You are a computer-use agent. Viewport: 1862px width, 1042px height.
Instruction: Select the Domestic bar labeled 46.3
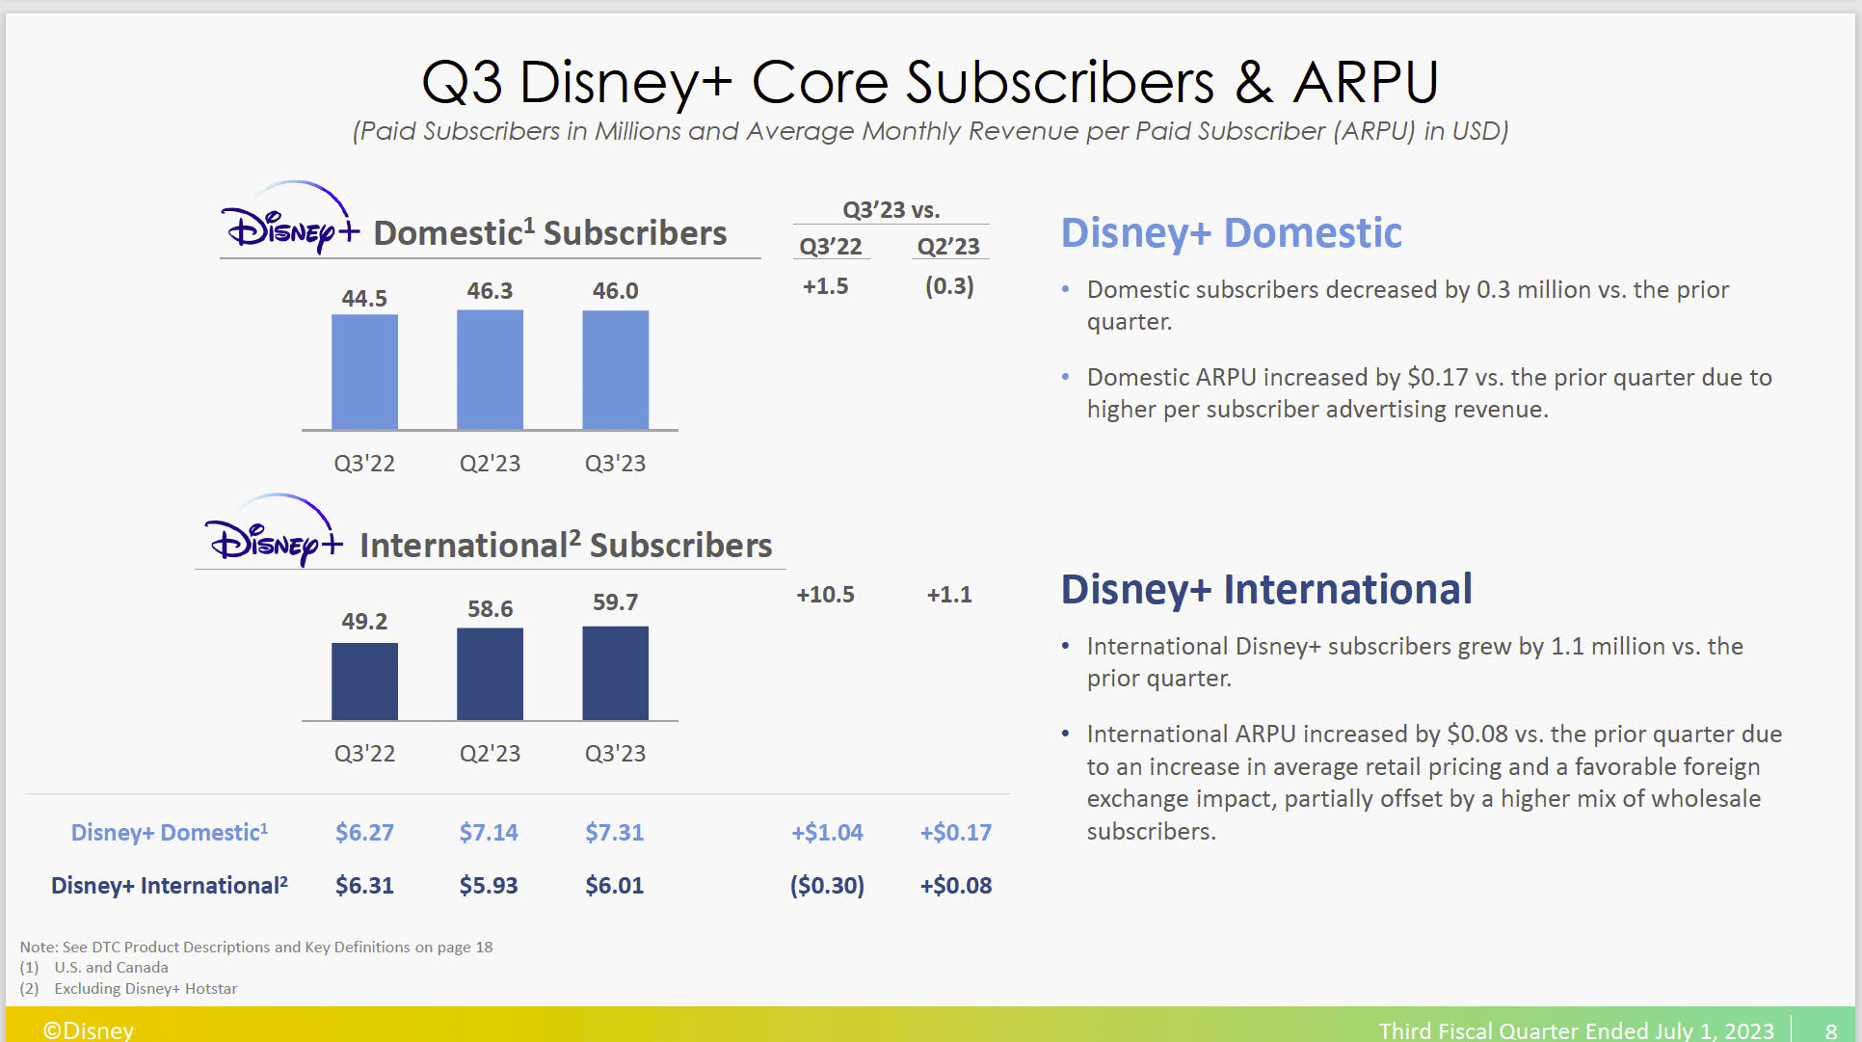[x=490, y=369]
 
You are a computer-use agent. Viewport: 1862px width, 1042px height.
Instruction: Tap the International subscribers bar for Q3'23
[x=615, y=673]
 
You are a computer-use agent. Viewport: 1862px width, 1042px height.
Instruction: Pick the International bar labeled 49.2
[x=364, y=681]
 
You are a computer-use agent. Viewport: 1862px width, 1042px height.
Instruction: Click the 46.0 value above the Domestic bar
[x=615, y=290]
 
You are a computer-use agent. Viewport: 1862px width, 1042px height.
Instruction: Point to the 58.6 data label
[x=490, y=608]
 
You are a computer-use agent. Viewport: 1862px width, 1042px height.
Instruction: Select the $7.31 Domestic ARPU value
[x=614, y=832]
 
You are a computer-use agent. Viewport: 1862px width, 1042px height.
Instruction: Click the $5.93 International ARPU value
[x=489, y=885]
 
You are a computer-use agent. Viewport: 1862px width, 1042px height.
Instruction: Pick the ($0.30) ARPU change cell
[x=827, y=885]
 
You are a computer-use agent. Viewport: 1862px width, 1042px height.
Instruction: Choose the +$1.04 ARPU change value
[x=827, y=832]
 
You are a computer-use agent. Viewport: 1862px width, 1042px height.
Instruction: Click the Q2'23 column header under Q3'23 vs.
[x=948, y=246]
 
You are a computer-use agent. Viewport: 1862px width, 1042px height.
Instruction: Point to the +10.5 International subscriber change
[x=825, y=594]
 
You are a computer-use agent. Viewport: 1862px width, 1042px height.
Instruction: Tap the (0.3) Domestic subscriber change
[x=949, y=286]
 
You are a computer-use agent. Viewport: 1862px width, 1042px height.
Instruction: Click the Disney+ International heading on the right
[x=1266, y=589]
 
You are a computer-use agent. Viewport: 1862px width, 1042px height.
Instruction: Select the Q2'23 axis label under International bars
[x=490, y=753]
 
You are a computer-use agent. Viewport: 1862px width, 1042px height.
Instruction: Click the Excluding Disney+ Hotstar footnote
[x=146, y=988]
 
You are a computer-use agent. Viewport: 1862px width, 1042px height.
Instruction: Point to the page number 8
[x=1830, y=1030]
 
